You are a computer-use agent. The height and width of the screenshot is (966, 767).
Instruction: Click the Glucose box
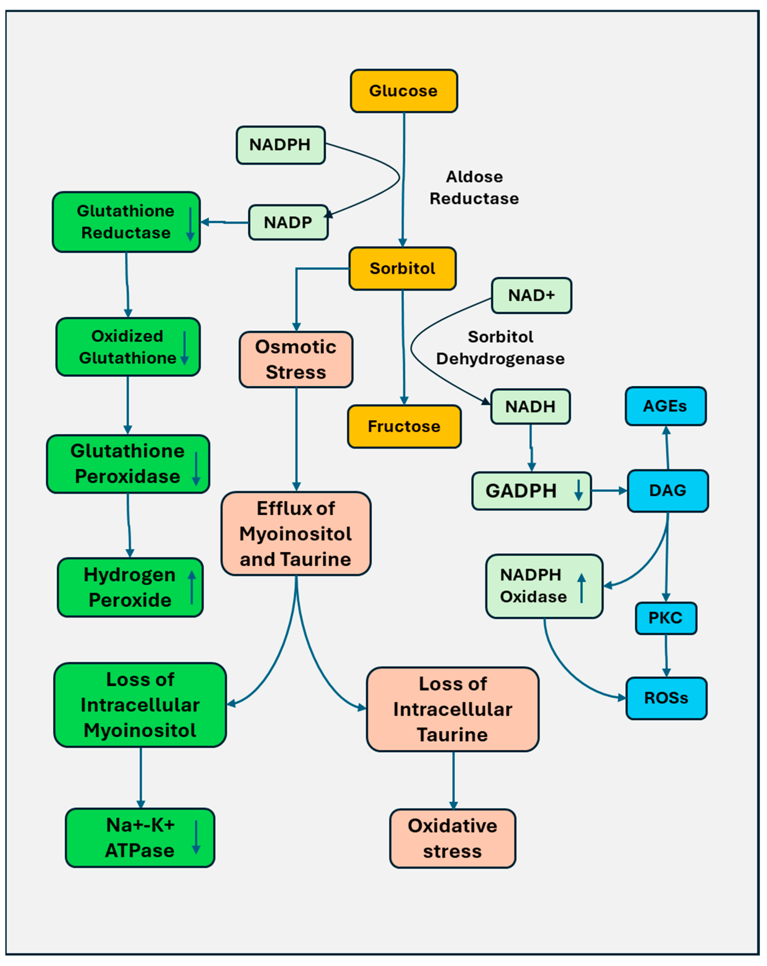pyautogui.click(x=404, y=91)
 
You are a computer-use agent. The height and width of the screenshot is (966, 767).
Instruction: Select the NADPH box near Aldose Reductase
pyautogui.click(x=281, y=145)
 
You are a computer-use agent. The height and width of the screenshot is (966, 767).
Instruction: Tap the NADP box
pyautogui.click(x=288, y=223)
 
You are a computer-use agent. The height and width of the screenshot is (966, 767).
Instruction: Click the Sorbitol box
pyautogui.click(x=402, y=269)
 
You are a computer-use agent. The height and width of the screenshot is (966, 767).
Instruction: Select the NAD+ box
pyautogui.click(x=531, y=296)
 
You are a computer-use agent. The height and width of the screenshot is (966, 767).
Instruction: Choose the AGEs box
pyautogui.click(x=666, y=406)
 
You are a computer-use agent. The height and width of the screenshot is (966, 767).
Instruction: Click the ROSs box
pyautogui.click(x=666, y=699)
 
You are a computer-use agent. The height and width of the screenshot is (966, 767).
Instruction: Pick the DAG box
pyautogui.click(x=668, y=491)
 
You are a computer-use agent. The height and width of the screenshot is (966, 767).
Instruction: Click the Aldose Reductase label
pyautogui.click(x=474, y=188)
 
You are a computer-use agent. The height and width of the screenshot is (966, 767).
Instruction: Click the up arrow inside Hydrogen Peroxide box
pyautogui.click(x=192, y=587)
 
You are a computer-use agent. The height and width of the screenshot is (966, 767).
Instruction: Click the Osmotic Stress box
pyautogui.click(x=296, y=360)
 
